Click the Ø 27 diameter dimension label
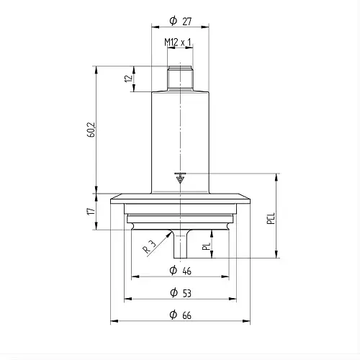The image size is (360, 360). coord(181,21)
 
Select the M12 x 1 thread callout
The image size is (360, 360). coord(178,42)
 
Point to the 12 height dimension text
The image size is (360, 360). coord(129,78)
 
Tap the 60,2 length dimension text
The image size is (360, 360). coord(91,130)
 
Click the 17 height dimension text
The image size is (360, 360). coord(91,211)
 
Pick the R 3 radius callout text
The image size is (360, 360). coord(149,247)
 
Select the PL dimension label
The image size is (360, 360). coord(206,246)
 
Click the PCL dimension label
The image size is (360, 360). coord(271,218)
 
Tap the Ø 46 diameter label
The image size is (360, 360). coord(181,271)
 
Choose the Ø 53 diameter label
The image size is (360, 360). coord(181,293)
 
